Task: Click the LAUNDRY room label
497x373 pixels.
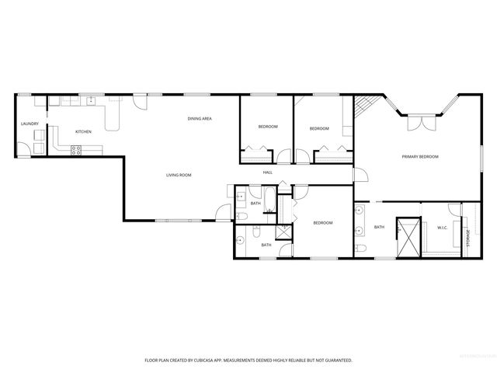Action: [x=30, y=124]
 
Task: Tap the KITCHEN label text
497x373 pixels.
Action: [x=83, y=131]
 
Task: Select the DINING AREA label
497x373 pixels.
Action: [x=200, y=118]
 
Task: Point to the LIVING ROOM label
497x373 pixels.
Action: [x=179, y=175]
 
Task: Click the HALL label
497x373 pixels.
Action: [x=267, y=172]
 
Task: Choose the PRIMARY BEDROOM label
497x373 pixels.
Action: [x=420, y=157]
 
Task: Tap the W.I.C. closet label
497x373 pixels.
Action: [x=442, y=227]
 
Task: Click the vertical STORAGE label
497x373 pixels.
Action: [x=467, y=238]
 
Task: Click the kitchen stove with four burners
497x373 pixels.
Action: [x=77, y=151]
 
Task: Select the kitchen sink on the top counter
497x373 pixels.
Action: [x=91, y=99]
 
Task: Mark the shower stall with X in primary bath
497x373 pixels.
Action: [x=408, y=236]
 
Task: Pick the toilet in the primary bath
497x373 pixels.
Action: [x=362, y=248]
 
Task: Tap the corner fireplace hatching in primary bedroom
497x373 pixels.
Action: [x=367, y=106]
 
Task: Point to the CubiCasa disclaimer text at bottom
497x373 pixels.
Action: [x=248, y=360]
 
